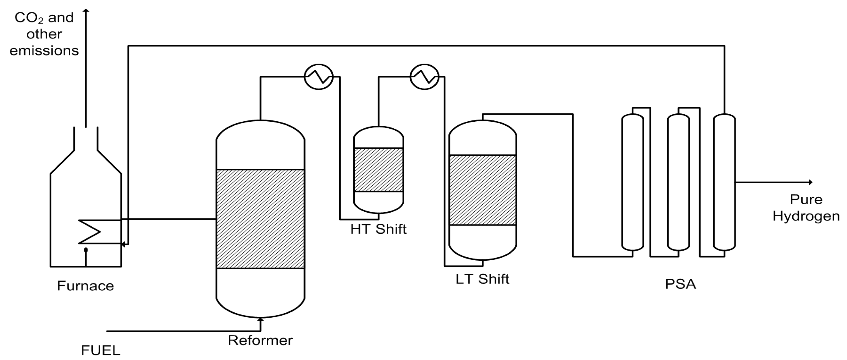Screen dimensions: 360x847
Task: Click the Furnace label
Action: pyautogui.click(x=86, y=286)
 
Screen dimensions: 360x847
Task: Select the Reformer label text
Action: pyautogui.click(x=260, y=340)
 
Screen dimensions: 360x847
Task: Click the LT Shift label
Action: pyautogui.click(x=482, y=279)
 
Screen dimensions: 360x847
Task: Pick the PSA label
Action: pyautogui.click(x=680, y=284)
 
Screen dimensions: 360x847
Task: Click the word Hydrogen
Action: pyautogui.click(x=806, y=216)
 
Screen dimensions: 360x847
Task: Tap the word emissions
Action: pyautogui.click(x=44, y=51)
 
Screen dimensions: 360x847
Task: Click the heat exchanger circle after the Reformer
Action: pyautogui.click(x=319, y=77)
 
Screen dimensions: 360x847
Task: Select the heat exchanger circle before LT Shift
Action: pyautogui.click(x=424, y=77)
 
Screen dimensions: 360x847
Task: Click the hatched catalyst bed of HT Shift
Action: pyautogui.click(x=378, y=170)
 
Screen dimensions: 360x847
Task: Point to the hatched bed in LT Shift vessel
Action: pyautogui.click(x=482, y=190)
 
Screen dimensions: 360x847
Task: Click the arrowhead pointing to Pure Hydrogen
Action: pyautogui.click(x=810, y=182)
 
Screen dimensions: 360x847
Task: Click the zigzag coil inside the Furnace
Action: pyautogui.click(x=89, y=232)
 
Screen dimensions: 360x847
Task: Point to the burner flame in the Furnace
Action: pyautogui.click(x=86, y=250)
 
